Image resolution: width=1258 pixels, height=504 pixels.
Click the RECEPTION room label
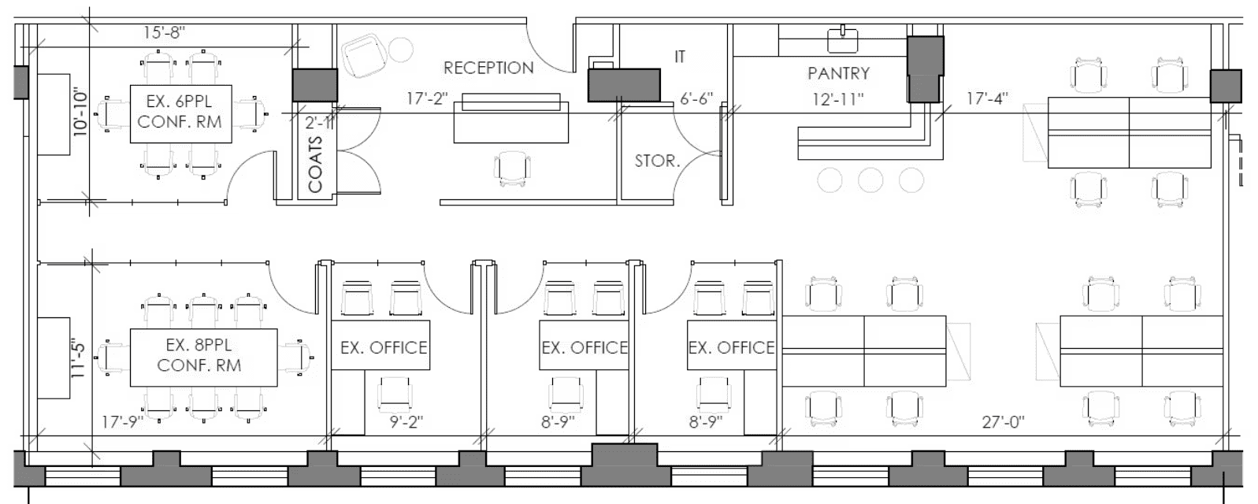coord(488,68)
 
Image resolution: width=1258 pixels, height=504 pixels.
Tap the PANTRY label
coord(838,73)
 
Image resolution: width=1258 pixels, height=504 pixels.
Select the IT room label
coord(680,56)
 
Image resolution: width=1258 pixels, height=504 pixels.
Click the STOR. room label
coord(657,161)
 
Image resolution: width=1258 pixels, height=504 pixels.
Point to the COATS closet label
coord(315,164)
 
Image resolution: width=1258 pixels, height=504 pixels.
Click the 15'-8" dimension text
coord(164,32)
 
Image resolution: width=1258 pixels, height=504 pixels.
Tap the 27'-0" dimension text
coord(1003,421)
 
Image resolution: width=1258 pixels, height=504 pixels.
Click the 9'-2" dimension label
coord(406,421)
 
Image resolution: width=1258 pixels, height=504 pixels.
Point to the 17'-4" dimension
coord(987,98)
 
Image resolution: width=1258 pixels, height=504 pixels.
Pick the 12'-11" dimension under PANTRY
coord(838,99)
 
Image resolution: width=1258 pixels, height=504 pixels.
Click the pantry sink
coord(842,39)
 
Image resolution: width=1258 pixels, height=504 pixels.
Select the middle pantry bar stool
coord(870,180)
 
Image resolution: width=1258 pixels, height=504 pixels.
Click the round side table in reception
coord(401,50)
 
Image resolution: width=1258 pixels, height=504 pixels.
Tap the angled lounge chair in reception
coord(365,56)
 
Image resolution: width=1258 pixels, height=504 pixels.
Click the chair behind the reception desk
coord(512,168)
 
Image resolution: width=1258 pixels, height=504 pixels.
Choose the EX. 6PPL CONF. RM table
coord(181,114)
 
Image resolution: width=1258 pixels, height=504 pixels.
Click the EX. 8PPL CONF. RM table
coord(203,358)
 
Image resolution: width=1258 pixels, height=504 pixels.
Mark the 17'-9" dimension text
coord(122,421)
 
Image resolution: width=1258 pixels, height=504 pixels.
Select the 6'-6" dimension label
coord(696,98)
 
